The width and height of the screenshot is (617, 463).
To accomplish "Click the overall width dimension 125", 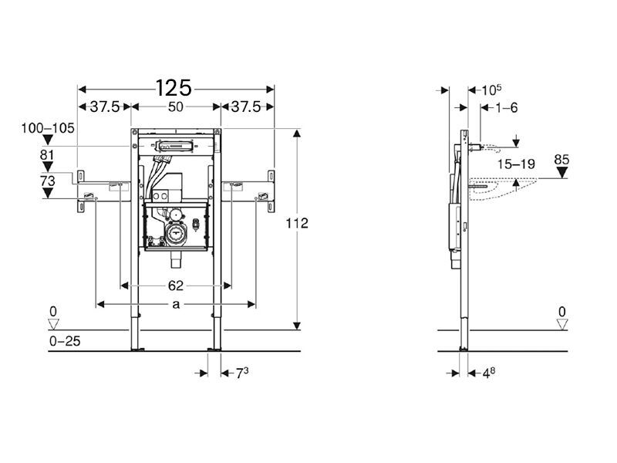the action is click(x=174, y=88).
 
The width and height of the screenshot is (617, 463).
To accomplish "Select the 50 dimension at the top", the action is click(x=176, y=106).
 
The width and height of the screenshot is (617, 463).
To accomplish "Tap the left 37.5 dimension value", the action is click(x=105, y=106).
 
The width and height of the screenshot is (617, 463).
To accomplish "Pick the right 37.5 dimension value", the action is click(x=246, y=106).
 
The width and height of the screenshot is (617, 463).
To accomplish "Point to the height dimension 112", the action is click(x=297, y=223).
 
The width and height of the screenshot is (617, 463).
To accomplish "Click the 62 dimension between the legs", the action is click(x=176, y=286).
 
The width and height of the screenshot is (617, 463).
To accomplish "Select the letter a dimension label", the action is click(x=176, y=304).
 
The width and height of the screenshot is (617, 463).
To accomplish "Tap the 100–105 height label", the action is click(x=48, y=128).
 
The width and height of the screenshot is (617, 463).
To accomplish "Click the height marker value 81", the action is click(x=47, y=155).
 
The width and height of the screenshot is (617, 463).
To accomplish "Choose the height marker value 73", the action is click(x=48, y=181).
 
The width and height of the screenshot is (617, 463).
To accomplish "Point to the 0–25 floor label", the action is click(x=65, y=341).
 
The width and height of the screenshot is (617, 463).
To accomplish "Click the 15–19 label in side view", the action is click(x=516, y=164).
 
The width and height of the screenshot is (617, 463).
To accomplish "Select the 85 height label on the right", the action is click(x=561, y=160).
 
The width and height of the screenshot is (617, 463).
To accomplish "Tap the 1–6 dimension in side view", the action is click(x=506, y=107).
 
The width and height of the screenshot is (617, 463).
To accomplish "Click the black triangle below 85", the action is click(x=562, y=172).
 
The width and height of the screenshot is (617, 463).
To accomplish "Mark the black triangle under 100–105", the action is click(x=48, y=140).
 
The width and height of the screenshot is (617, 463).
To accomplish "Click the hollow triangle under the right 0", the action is click(x=562, y=324).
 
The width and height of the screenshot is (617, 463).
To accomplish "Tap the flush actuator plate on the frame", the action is click(x=175, y=146).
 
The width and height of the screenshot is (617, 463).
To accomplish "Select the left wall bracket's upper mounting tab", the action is click(x=81, y=176).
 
